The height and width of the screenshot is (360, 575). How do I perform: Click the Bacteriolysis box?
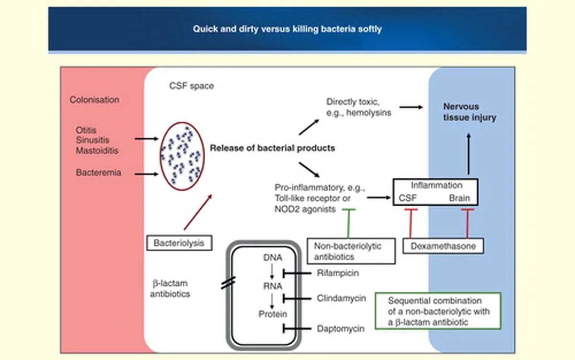click(179, 243)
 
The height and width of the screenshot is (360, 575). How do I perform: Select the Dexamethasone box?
click(443, 246)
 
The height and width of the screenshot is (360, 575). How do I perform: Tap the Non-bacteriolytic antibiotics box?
click(351, 251)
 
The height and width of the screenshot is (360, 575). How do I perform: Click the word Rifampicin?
click(338, 273)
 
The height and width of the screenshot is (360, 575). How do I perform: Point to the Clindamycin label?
click(341, 298)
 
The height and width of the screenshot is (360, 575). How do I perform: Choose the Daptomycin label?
click(341, 329)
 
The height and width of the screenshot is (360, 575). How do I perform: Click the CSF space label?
click(192, 86)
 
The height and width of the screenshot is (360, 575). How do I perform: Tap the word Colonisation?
click(94, 100)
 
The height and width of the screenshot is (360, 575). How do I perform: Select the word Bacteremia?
click(98, 173)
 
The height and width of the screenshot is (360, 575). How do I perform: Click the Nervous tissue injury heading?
click(470, 112)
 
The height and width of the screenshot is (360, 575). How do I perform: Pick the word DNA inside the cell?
click(273, 257)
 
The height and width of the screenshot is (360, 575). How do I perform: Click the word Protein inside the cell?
click(273, 314)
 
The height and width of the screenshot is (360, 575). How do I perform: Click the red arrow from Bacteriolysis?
click(198, 212)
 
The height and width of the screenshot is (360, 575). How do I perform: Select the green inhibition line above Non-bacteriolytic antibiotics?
click(349, 223)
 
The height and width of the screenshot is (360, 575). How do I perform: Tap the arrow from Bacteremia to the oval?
click(146, 174)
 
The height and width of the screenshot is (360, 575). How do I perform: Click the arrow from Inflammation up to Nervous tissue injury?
click(469, 154)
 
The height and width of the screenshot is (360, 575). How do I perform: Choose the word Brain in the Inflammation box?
click(460, 198)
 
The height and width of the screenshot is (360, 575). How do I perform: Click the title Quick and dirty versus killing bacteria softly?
click(287, 29)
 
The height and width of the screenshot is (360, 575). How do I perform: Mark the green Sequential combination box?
click(438, 311)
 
